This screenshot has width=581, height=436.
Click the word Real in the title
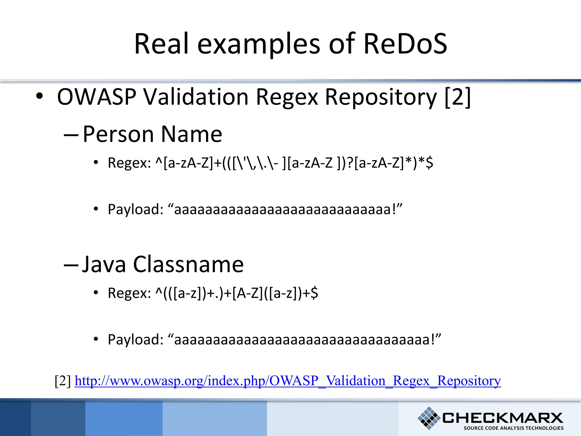point(161,44)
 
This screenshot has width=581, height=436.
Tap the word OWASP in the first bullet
point(97,97)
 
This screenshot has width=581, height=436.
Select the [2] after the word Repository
point(458,97)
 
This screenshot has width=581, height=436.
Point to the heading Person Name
point(152,134)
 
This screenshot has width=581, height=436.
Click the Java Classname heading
point(163,264)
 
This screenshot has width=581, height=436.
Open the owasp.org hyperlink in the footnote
point(288,381)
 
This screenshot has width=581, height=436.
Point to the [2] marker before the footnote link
point(63,381)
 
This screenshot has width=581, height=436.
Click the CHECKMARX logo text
point(502,418)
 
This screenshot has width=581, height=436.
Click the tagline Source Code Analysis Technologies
point(513,428)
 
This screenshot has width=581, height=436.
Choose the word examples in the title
point(259,44)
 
